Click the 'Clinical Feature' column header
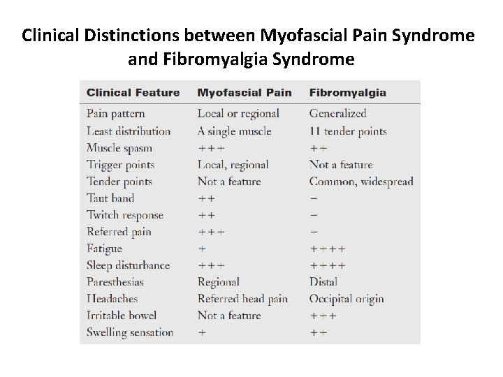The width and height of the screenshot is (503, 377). coord(133,93)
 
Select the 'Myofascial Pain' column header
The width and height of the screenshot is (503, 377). coord(243,93)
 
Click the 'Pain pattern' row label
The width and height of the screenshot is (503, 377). coord(116,114)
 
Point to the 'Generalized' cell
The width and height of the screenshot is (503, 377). coord(337,114)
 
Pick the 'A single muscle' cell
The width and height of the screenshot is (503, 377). coord(234,131)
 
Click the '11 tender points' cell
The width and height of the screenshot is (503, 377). coord(347,131)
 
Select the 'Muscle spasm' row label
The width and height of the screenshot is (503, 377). coord(119,148)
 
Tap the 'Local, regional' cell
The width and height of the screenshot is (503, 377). coord(233,165)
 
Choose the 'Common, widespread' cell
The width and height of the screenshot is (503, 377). coord(361,182)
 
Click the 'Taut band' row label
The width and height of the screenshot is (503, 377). coord(110,198)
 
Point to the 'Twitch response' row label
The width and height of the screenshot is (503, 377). coord(125,215)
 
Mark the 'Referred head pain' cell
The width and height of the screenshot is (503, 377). coord(242,299)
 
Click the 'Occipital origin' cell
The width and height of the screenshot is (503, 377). coord(347,299)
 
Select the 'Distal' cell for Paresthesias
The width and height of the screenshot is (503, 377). coord(323,282)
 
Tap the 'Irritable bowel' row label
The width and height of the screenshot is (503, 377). coord(122,316)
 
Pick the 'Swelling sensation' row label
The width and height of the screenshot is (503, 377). coord(130,332)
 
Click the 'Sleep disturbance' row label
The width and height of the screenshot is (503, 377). coord(128,265)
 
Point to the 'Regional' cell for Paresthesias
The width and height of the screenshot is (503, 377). coord(218,282)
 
